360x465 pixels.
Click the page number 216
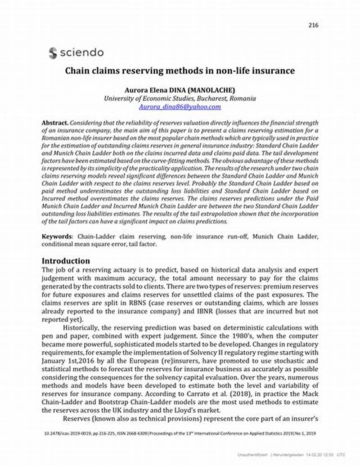(x=313, y=25)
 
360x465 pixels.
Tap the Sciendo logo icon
(x=53, y=53)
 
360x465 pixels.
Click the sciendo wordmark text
(x=81, y=53)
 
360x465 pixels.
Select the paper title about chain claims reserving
(x=180, y=71)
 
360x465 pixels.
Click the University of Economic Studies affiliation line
(x=180, y=98)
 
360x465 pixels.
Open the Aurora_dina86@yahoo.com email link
(x=180, y=107)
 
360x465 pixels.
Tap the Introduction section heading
(x=66, y=261)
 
